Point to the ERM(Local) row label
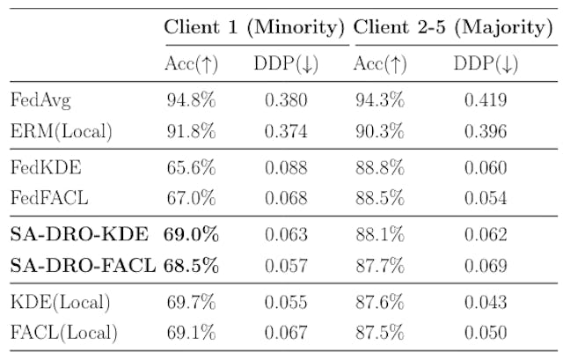point(62,132)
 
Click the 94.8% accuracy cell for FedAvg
point(191,99)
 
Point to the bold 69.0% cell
point(191,234)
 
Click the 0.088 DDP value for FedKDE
point(287,167)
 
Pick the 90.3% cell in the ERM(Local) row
point(379,132)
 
